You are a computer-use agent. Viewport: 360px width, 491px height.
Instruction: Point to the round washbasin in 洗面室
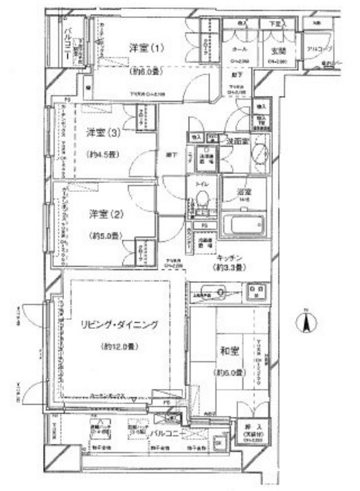pyautogui.click(x=260, y=154)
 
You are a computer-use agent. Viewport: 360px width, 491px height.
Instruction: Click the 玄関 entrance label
pyautogui.click(x=279, y=50)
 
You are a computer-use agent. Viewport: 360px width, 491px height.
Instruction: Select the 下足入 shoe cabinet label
pyautogui.click(x=275, y=25)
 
